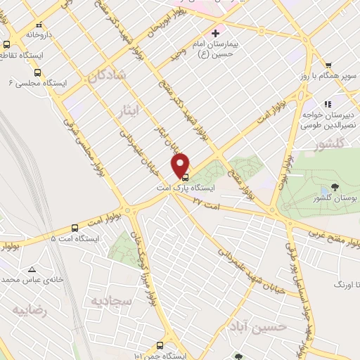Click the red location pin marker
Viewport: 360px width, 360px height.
tap(181, 165)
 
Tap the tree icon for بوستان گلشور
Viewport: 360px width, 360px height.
tap(334, 187)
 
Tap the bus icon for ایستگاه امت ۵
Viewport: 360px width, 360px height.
tap(75, 228)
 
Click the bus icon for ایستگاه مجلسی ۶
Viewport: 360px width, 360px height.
tap(37, 72)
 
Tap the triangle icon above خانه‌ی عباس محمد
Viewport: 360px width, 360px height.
tap(32, 269)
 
